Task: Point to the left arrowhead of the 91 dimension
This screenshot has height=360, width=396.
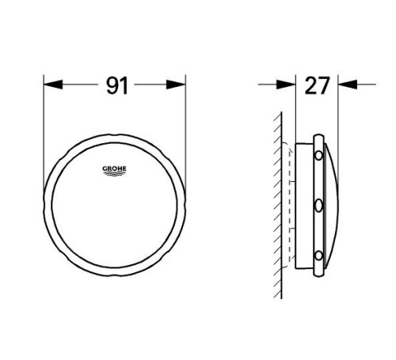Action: tap(50, 82)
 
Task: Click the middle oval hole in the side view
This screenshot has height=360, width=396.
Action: tap(318, 206)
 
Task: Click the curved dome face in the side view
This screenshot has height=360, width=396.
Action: tap(335, 206)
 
